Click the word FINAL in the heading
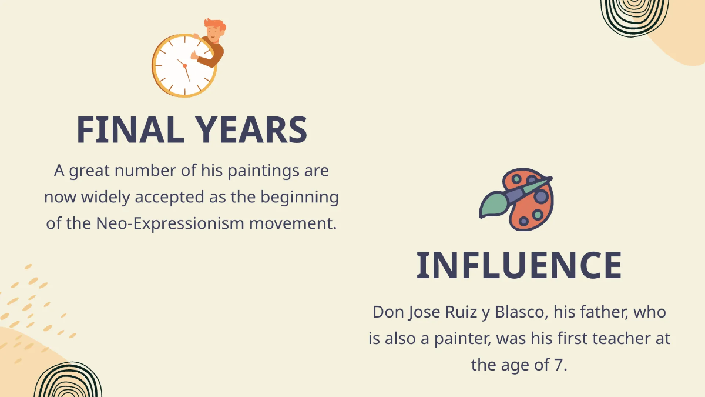pos(130,129)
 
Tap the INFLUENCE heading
pos(519,265)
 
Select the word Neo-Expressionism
pos(170,223)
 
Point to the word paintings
pos(263,171)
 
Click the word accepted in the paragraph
pos(170,198)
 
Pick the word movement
pos(293,223)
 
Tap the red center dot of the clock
pos(184,65)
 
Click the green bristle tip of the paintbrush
pos(492,205)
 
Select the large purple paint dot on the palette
pos(541,196)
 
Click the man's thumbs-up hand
pos(195,55)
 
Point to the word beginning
pos(299,198)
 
